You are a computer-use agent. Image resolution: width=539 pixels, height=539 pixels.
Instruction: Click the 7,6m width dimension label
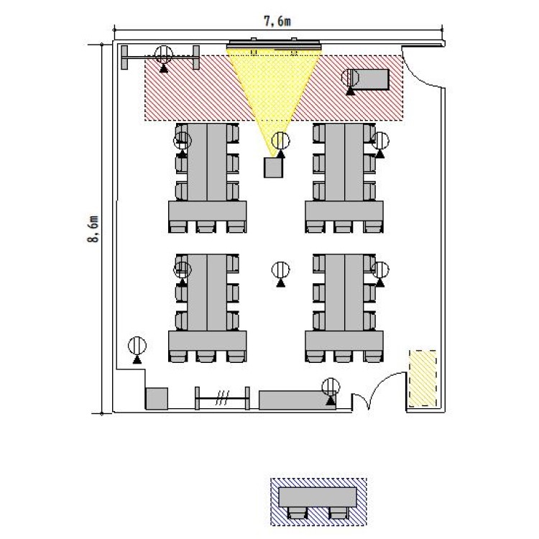point(277,22)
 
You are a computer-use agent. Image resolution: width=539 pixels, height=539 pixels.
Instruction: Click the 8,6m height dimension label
point(93,229)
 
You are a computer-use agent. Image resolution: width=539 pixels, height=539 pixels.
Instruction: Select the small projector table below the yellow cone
point(273,167)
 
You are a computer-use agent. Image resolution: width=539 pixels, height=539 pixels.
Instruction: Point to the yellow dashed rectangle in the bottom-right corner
point(423,378)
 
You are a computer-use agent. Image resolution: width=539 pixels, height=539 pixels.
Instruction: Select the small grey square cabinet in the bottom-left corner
point(157,399)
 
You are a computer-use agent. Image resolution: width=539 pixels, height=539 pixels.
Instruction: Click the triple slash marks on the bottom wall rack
point(222,398)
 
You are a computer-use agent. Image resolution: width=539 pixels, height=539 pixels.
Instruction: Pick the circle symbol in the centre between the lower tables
point(280,270)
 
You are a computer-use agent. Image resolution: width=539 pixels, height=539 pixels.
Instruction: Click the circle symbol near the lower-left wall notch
point(137,346)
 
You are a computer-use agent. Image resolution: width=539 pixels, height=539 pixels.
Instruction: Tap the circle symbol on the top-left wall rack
point(164,55)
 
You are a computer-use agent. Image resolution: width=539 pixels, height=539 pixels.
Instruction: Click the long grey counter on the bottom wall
point(298,400)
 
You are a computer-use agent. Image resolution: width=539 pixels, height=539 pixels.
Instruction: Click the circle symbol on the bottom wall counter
point(331,387)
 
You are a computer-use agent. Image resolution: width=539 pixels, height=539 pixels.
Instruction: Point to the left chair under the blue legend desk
point(297,513)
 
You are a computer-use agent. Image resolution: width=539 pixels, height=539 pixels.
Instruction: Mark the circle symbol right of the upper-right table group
point(380,140)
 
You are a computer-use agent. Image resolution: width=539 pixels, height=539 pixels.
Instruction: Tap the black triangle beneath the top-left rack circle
point(164,68)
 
